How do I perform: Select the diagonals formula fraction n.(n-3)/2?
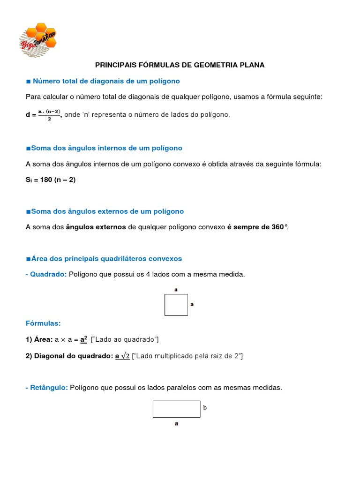point(49,115)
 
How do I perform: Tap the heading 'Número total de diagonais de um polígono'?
point(106,81)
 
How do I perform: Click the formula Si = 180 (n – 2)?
point(50,180)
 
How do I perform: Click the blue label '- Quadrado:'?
point(46,274)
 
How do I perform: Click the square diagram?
point(176,305)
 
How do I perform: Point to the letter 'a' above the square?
point(176,290)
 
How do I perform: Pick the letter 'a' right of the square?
point(192,304)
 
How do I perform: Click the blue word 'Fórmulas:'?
point(43,323)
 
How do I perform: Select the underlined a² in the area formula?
point(84,339)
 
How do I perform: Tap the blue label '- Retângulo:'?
point(46,388)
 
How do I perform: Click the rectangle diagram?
point(176,409)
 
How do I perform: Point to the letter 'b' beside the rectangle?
point(205,408)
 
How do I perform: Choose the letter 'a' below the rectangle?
point(176,424)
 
